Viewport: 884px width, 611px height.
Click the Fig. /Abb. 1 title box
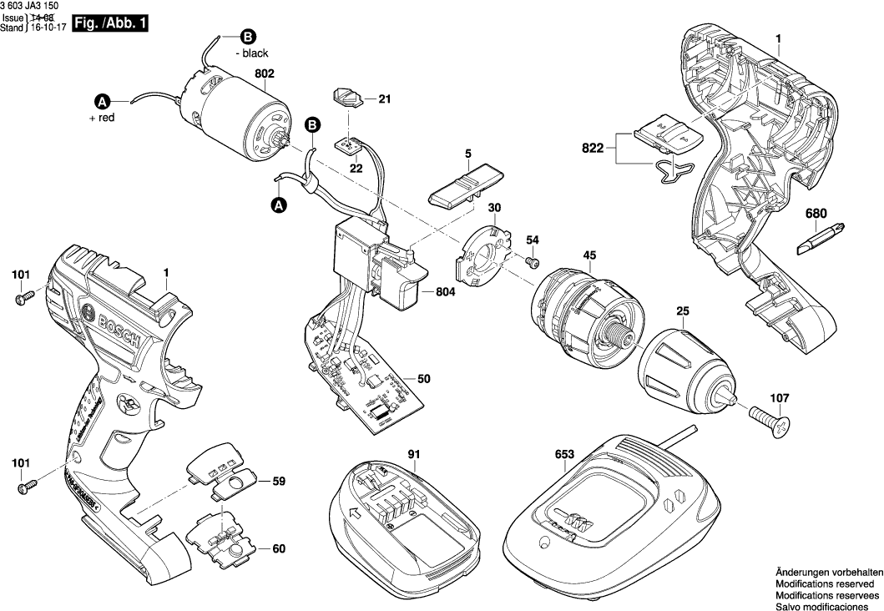pyautogui.click(x=109, y=24)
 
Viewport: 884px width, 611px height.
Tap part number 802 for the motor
pyautogui.click(x=264, y=73)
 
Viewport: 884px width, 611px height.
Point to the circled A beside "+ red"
pyautogui.click(x=102, y=102)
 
